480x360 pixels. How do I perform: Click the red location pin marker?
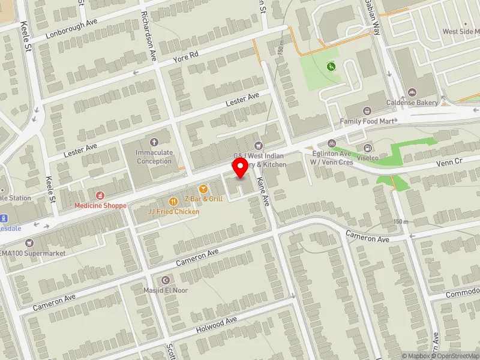tap(241, 167)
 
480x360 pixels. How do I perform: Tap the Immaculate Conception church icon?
tap(154, 142)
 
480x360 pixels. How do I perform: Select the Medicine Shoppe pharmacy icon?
tap(100, 196)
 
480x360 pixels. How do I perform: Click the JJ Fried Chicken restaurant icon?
tap(173, 202)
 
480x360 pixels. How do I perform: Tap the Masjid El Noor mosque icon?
tap(166, 280)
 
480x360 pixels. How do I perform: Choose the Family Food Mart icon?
tap(367, 111)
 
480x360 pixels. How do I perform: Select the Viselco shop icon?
tap(367, 148)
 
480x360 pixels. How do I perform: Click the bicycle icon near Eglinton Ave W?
tap(331, 143)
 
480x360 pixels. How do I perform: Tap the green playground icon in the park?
tap(329, 66)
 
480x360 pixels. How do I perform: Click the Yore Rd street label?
tap(185, 58)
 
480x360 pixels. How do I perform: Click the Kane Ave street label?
tap(262, 187)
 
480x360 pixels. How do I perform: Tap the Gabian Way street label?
tap(373, 16)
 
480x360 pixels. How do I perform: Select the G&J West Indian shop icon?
tap(259, 145)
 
